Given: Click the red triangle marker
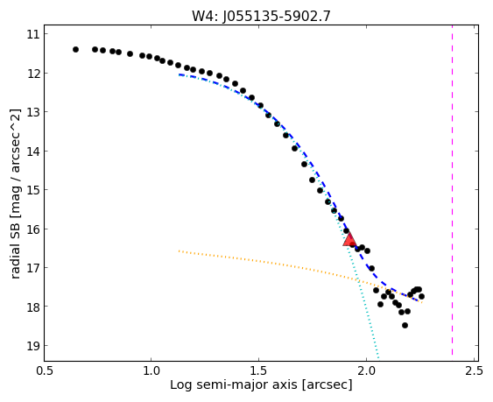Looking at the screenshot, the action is (x=349, y=240).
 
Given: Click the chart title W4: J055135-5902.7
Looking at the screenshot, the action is (x=261, y=16).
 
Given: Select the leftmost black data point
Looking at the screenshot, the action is (x=75, y=49).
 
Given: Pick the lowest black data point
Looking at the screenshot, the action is (x=405, y=325).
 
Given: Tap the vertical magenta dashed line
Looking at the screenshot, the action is (x=452, y=190).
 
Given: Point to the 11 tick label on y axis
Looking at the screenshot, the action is (x=32, y=34).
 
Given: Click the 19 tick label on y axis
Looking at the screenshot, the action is (x=32, y=345).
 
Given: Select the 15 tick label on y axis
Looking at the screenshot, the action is (x=32, y=190).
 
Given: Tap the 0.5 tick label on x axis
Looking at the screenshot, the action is (x=44, y=370).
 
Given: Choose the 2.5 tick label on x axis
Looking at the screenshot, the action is (x=474, y=370).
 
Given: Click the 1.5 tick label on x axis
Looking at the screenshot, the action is (x=258, y=370).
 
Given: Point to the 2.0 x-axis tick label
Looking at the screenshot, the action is (x=366, y=370).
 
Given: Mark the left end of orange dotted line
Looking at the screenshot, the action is (x=179, y=250).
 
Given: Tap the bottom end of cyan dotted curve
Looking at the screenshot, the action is (x=378, y=357).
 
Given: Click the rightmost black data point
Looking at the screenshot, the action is (x=421, y=296).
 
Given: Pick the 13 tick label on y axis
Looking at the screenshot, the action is (x=32, y=112).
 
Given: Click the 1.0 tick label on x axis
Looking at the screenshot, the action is (x=151, y=370).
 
